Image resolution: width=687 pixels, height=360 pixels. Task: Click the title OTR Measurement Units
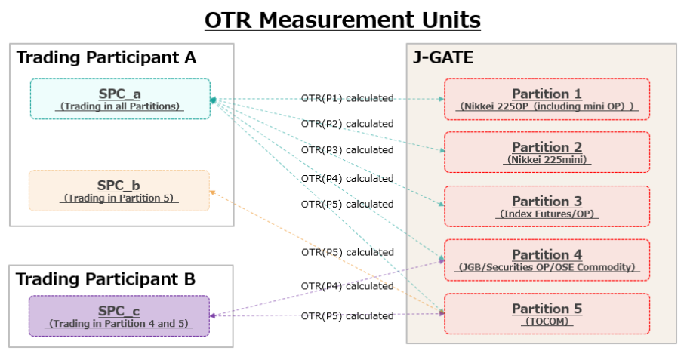pyautogui.click(x=343, y=20)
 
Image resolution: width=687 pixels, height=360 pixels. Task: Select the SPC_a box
pyautogui.click(x=120, y=99)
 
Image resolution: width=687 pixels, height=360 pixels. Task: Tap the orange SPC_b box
pyautogui.click(x=119, y=190)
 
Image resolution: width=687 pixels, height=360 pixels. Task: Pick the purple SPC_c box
pyautogui.click(x=119, y=315)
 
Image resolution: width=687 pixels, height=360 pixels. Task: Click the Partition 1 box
pyautogui.click(x=547, y=99)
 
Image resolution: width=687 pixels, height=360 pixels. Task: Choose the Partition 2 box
pyautogui.click(x=547, y=152)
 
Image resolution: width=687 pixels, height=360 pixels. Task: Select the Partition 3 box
pyautogui.click(x=547, y=206)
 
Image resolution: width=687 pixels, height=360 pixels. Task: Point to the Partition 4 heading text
pyautogui.click(x=547, y=254)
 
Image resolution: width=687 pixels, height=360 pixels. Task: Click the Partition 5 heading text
pyautogui.click(x=547, y=309)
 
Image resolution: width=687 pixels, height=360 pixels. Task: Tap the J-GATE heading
pyautogui.click(x=443, y=57)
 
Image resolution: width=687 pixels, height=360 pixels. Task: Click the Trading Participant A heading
pyautogui.click(x=106, y=57)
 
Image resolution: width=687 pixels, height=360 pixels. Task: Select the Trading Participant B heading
pyautogui.click(x=106, y=279)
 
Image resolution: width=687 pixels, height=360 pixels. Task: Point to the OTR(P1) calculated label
pyautogui.click(x=347, y=98)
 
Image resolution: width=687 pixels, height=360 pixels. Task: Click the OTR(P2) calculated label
pyautogui.click(x=347, y=124)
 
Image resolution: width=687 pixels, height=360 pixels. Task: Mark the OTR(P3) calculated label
pyautogui.click(x=347, y=149)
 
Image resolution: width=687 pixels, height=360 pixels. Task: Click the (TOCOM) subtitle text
pyautogui.click(x=547, y=321)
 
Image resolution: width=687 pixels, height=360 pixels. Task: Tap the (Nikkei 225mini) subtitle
pyautogui.click(x=547, y=159)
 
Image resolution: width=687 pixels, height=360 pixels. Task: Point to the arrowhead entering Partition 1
pyautogui.click(x=441, y=99)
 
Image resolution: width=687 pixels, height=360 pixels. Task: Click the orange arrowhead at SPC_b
pyautogui.click(x=212, y=192)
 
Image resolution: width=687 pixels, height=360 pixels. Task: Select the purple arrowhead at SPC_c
pyautogui.click(x=212, y=315)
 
